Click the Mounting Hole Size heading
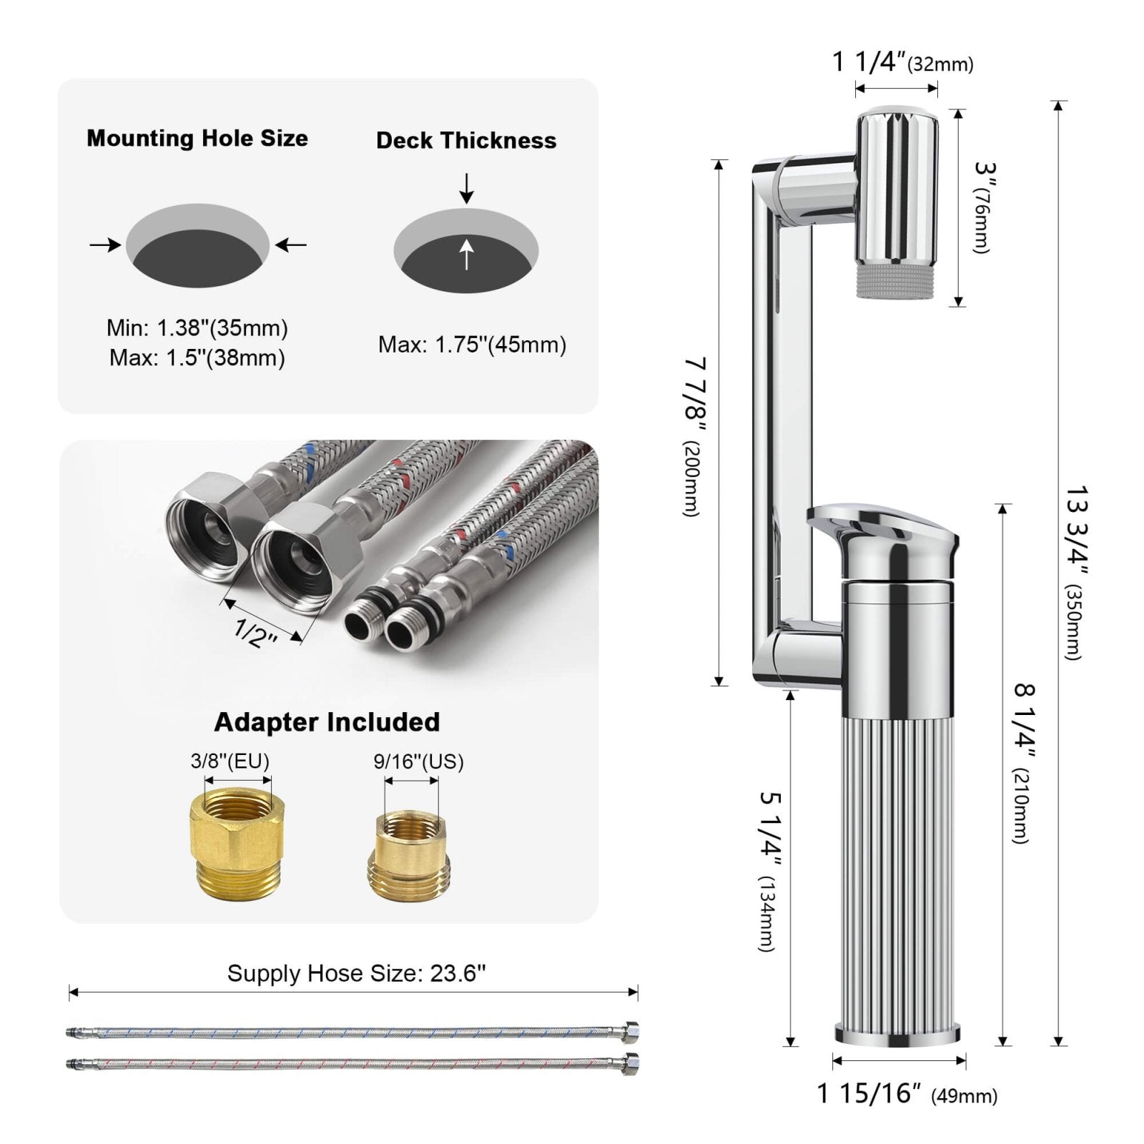tap(197, 138)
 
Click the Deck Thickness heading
tap(466, 140)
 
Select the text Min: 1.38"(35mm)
tap(197, 328)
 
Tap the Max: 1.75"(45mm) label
tap(472, 345)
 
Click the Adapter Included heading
tap(327, 722)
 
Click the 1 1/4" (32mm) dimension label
tap(902, 63)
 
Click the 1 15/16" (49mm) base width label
tap(907, 1094)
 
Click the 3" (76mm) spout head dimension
tap(984, 207)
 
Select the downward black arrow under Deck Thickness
tap(466, 188)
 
